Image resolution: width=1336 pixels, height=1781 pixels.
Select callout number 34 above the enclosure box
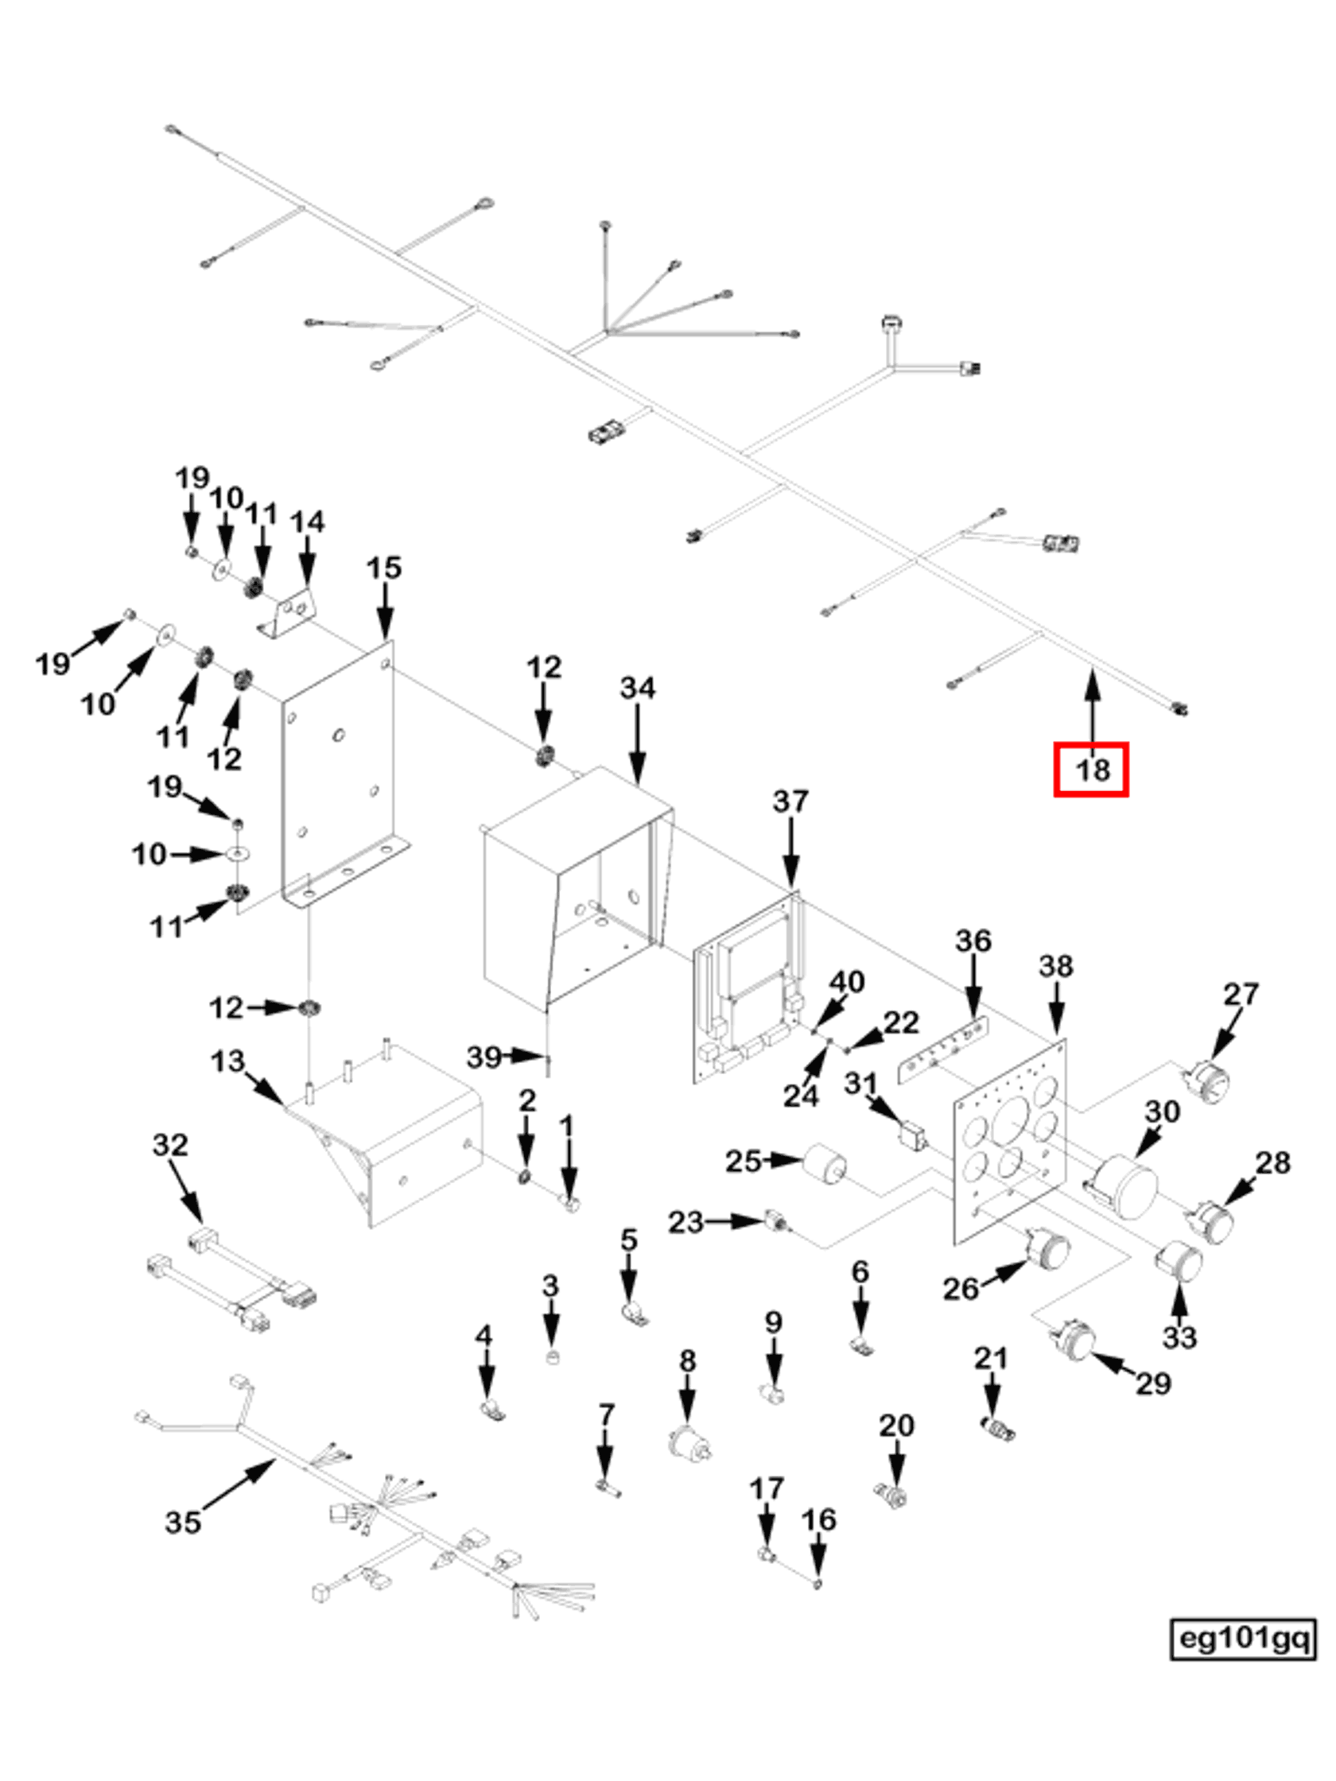637,688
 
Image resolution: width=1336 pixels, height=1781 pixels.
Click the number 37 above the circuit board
789,801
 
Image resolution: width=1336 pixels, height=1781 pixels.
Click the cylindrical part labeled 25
825,1164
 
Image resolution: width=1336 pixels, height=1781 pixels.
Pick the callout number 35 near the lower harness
182,1522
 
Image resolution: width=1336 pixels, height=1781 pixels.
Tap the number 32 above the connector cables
170,1144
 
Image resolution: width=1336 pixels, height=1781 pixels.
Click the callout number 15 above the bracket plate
383,568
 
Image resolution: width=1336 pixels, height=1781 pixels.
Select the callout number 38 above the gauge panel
1055,965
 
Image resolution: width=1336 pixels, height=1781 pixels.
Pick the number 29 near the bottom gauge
1152,1383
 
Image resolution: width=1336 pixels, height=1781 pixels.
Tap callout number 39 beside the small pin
484,1057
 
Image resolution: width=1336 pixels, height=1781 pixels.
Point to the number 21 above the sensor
991,1358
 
